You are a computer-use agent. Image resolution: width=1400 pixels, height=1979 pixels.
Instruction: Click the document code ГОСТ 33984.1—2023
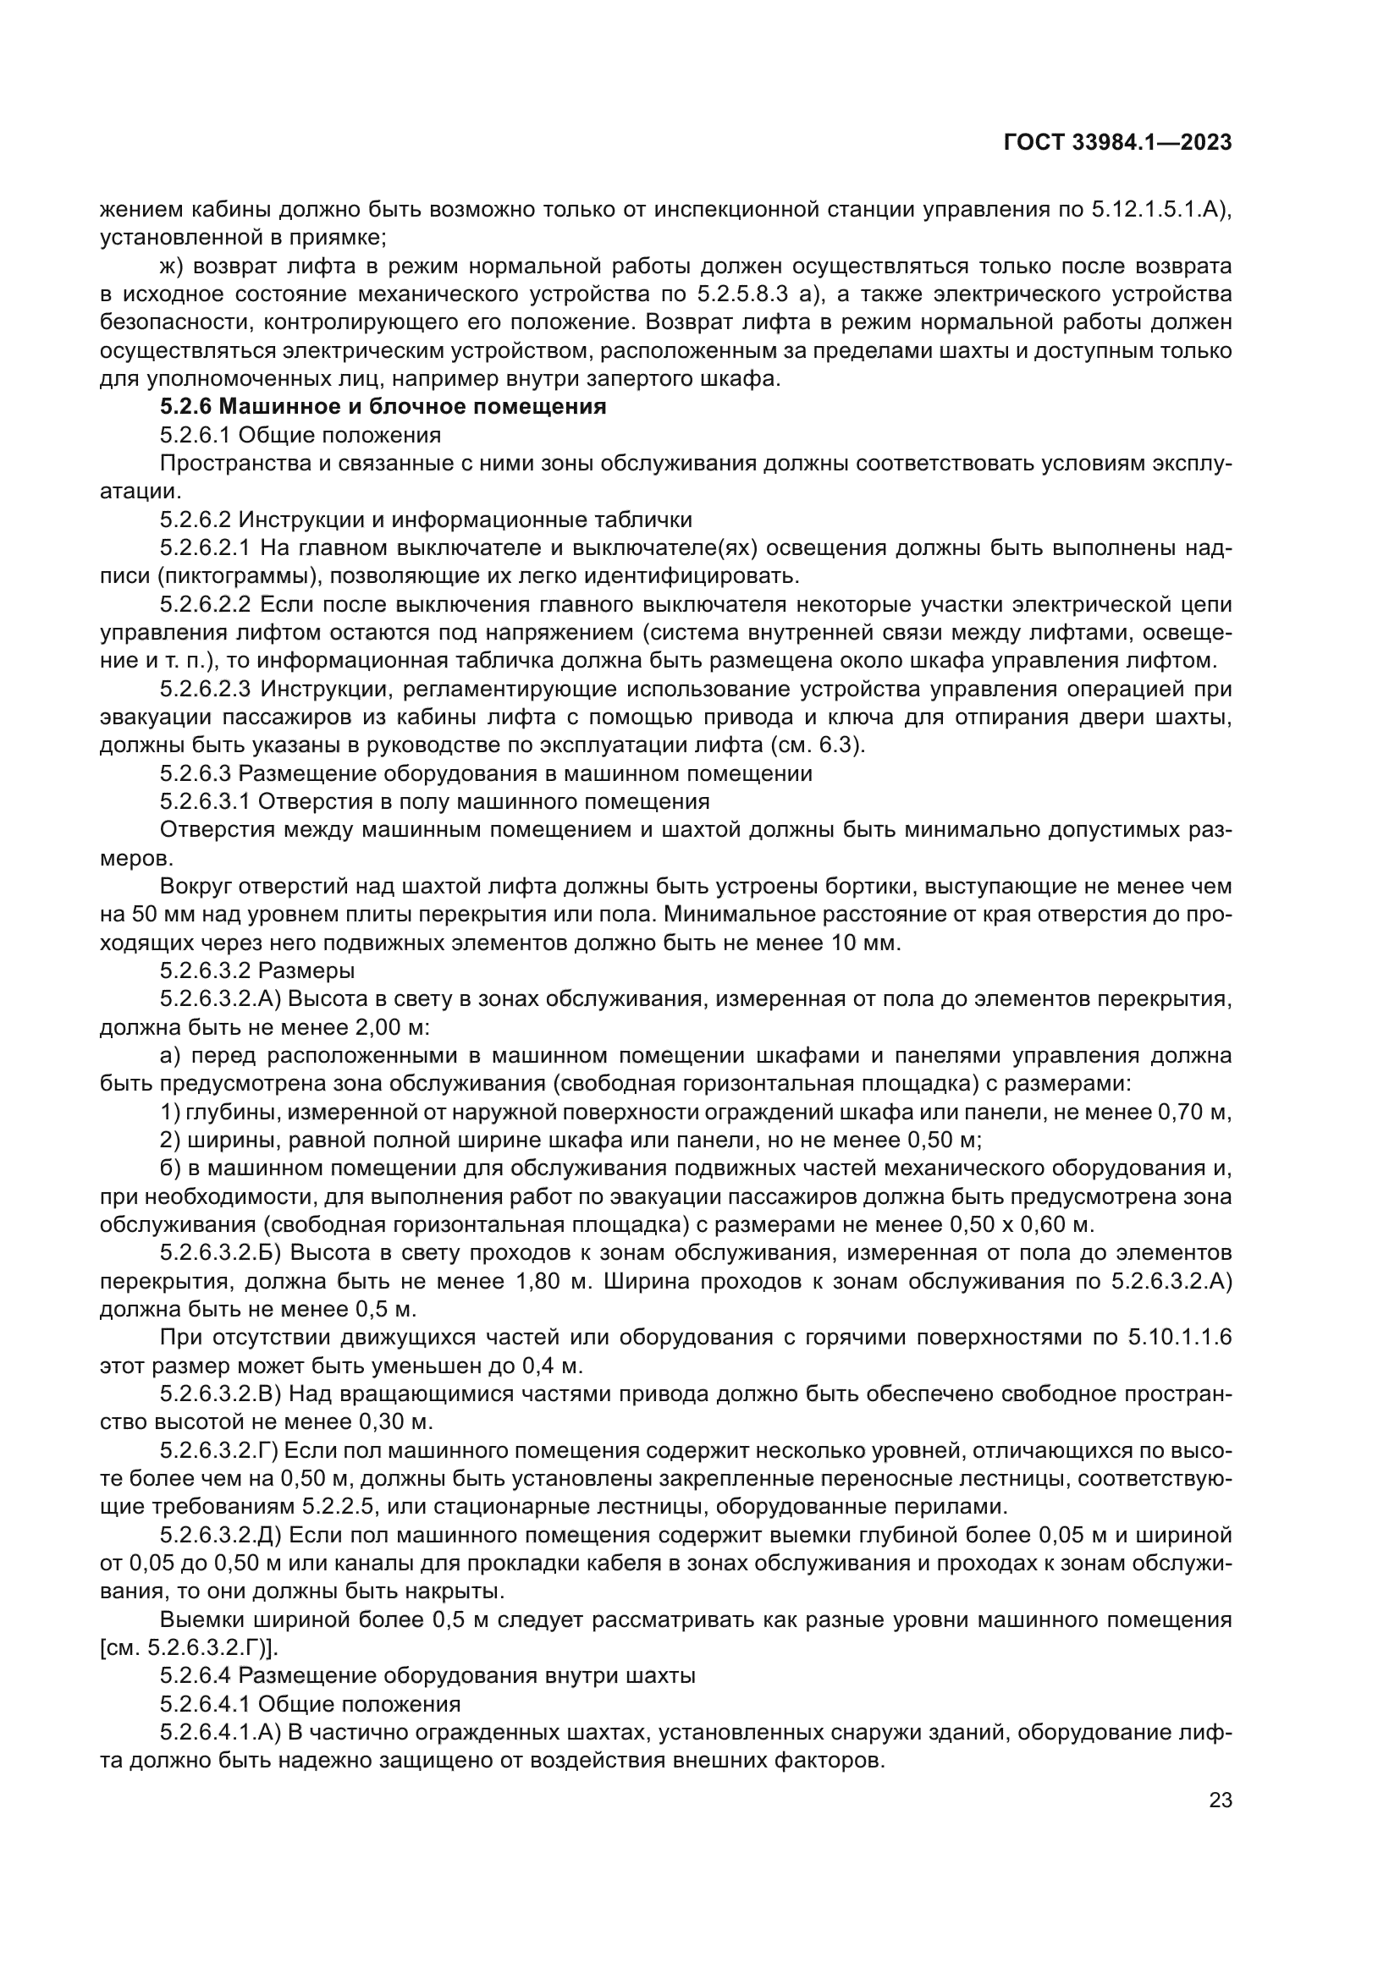(1117, 143)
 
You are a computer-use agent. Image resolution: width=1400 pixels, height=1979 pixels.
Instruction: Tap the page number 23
(1220, 1800)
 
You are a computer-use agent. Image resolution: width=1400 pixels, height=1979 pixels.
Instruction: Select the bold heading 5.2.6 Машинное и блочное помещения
(383, 407)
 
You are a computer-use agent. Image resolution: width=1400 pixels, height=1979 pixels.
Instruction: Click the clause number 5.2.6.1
(197, 435)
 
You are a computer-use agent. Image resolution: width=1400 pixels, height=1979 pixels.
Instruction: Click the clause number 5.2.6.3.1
(205, 801)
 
